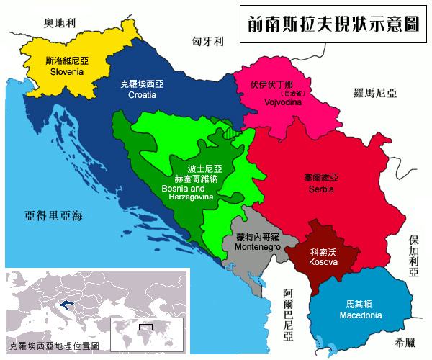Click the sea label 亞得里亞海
pos(54,215)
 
